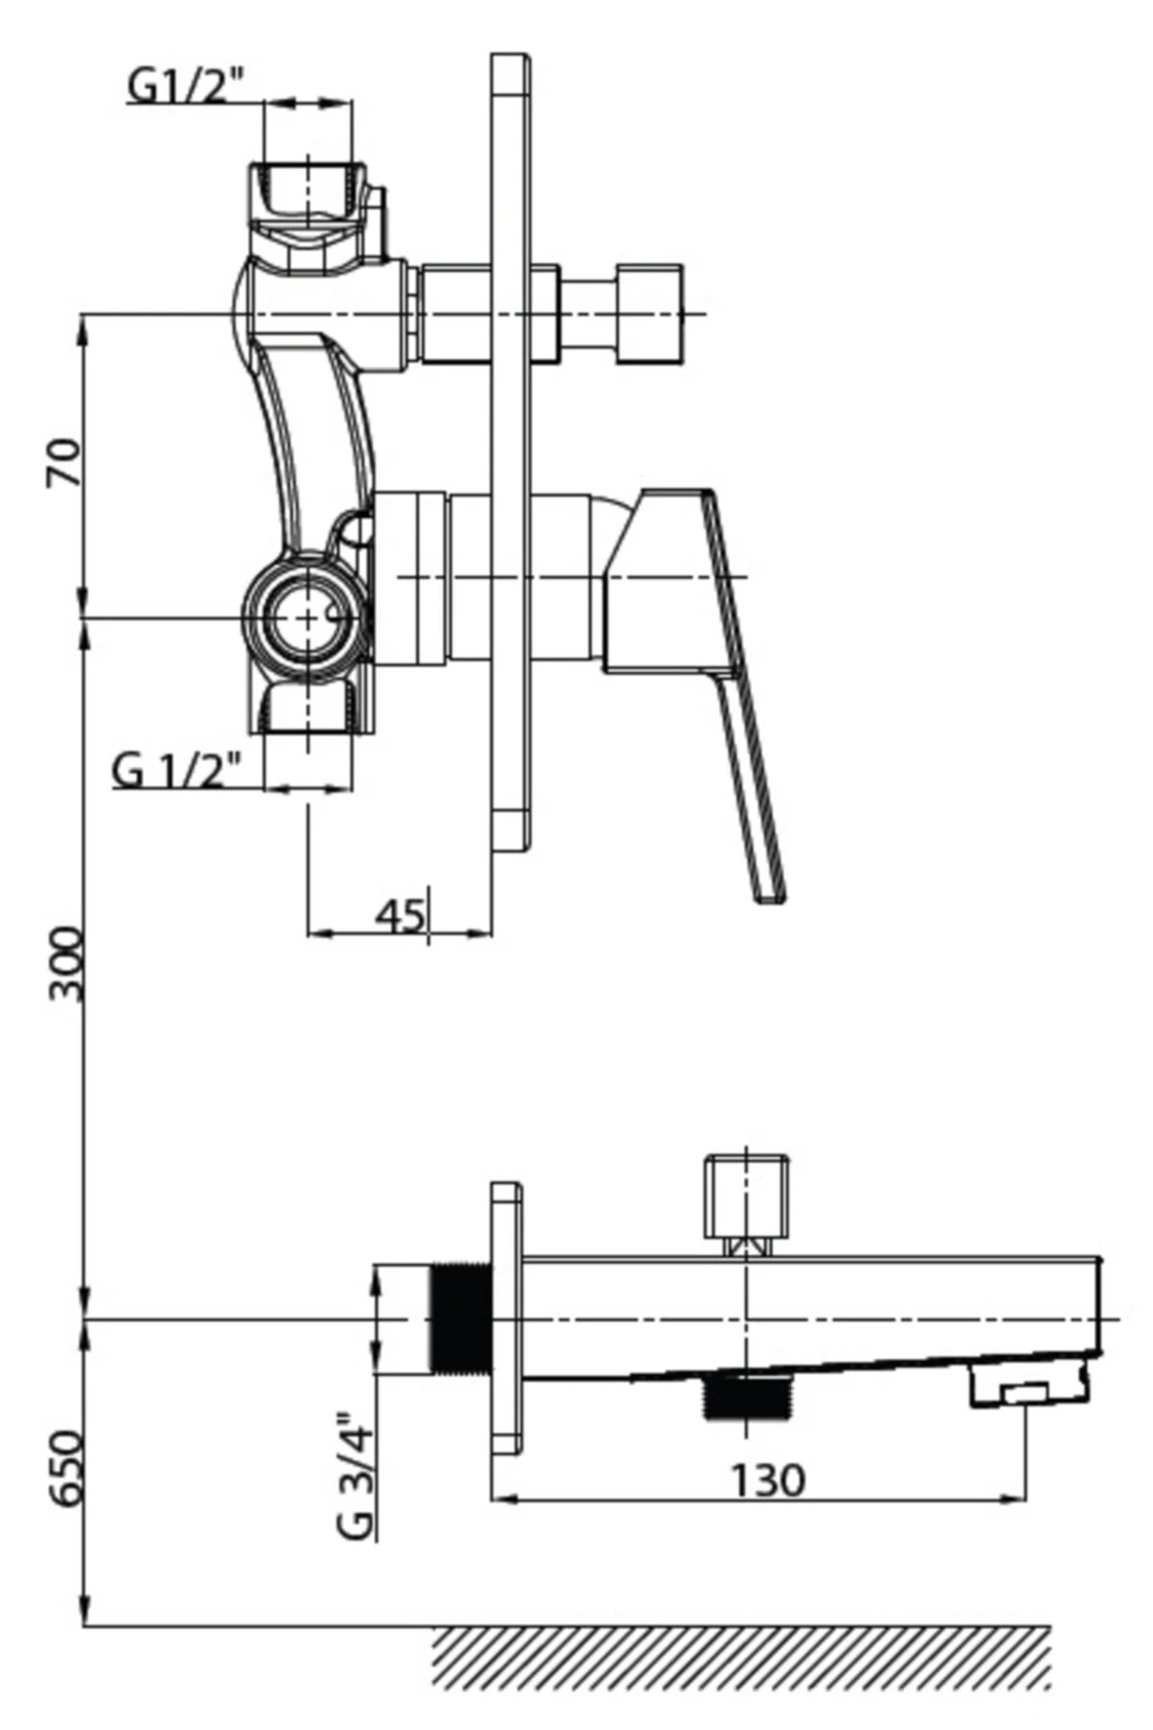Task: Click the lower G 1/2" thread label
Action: point(176,770)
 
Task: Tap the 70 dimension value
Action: point(64,462)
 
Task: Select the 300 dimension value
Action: point(67,964)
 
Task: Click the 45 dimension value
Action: point(400,916)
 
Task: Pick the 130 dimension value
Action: point(768,1481)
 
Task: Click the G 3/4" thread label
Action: point(355,1475)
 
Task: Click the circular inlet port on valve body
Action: point(307,617)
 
